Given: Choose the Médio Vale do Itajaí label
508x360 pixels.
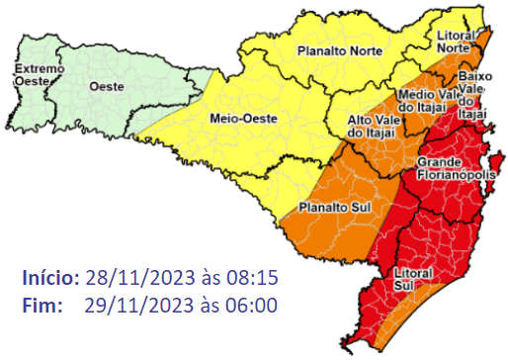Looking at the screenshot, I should point(425,101).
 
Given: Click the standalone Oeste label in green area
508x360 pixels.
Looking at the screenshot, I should point(107,87).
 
